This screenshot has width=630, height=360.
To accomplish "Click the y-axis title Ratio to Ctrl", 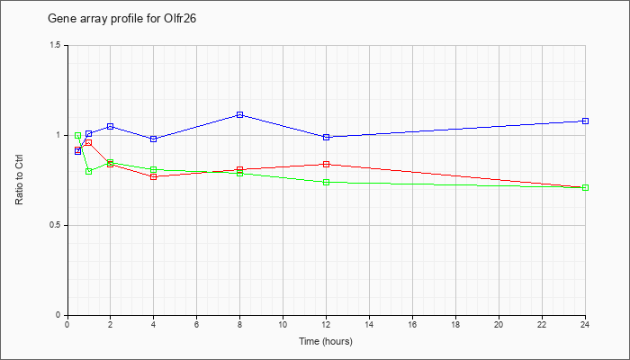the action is tap(19, 180).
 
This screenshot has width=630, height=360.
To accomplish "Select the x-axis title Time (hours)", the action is tap(326, 341).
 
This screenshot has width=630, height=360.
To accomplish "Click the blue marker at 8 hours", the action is tap(240, 115).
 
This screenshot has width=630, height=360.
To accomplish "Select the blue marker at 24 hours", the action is tap(585, 121).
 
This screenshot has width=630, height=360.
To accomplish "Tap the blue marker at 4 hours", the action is tap(154, 139).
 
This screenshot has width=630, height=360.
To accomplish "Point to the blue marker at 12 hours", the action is tap(326, 137).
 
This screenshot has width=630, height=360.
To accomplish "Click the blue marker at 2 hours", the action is tap(110, 127).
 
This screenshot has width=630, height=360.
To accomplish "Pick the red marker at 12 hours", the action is tap(326, 165).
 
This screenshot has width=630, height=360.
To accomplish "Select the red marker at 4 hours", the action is tap(154, 176).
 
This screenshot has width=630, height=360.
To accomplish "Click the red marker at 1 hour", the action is tap(89, 142).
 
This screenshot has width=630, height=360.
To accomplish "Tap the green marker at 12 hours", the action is tap(326, 182).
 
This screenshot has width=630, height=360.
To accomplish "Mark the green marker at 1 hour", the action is tap(89, 172).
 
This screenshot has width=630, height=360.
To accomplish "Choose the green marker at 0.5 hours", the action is tap(78, 135).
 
